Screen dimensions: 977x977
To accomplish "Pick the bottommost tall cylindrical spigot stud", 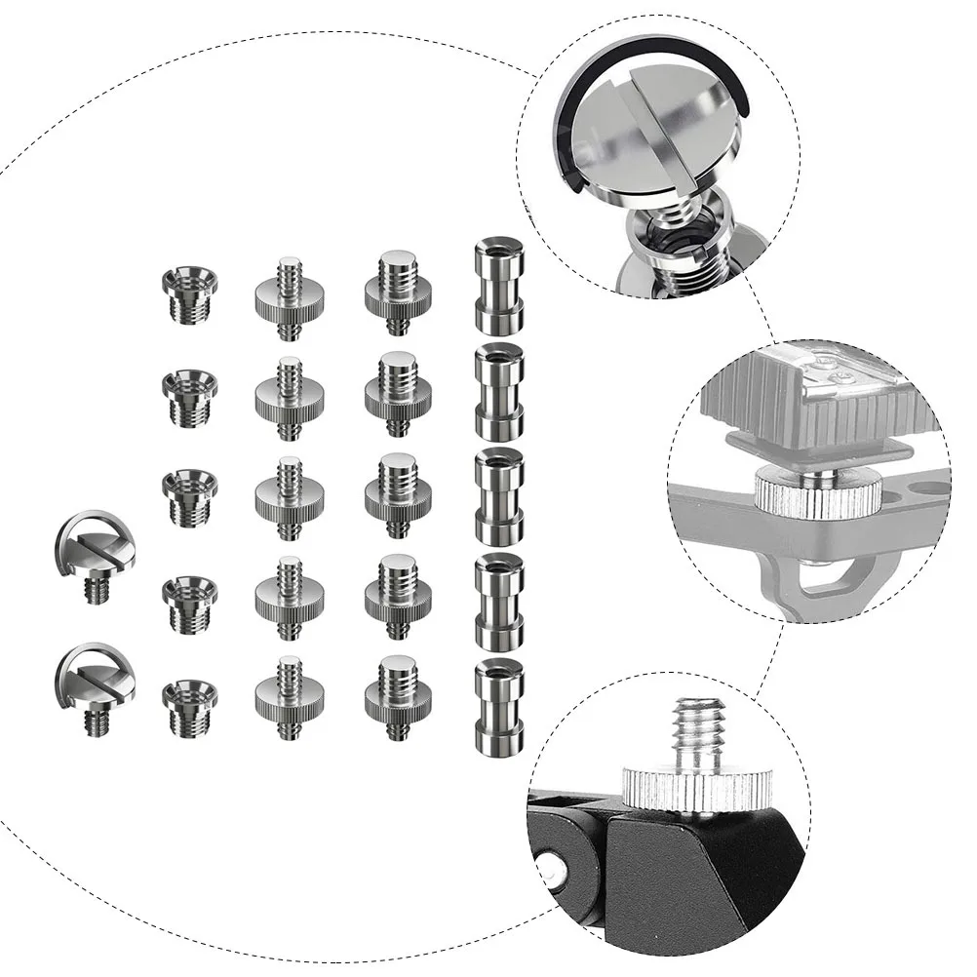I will click(498, 708).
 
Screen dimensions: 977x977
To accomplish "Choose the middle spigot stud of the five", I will click(498, 496).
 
